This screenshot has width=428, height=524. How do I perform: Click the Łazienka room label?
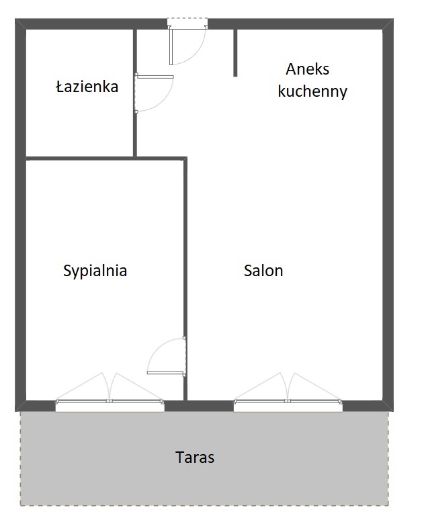(x=87, y=87)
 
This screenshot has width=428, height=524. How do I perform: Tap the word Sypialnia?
(x=95, y=271)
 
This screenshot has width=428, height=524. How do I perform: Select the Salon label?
(x=263, y=271)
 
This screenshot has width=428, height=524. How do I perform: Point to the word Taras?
(x=195, y=457)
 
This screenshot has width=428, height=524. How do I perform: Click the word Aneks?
(x=307, y=69)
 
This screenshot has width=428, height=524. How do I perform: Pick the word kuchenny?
(x=312, y=91)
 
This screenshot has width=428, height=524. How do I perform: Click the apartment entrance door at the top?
(x=187, y=42)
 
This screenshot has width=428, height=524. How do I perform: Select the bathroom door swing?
(x=155, y=93)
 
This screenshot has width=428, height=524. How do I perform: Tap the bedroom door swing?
(x=167, y=356)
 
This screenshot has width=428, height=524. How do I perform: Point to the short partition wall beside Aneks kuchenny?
(x=235, y=53)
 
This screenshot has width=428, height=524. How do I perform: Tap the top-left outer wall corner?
(x=20, y=24)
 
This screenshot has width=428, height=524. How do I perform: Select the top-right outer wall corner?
(x=388, y=24)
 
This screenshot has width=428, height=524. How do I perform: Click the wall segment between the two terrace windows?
(x=199, y=406)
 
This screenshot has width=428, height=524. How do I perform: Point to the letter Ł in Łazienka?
(x=60, y=87)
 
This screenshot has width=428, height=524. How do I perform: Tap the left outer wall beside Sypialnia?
(x=20, y=281)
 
